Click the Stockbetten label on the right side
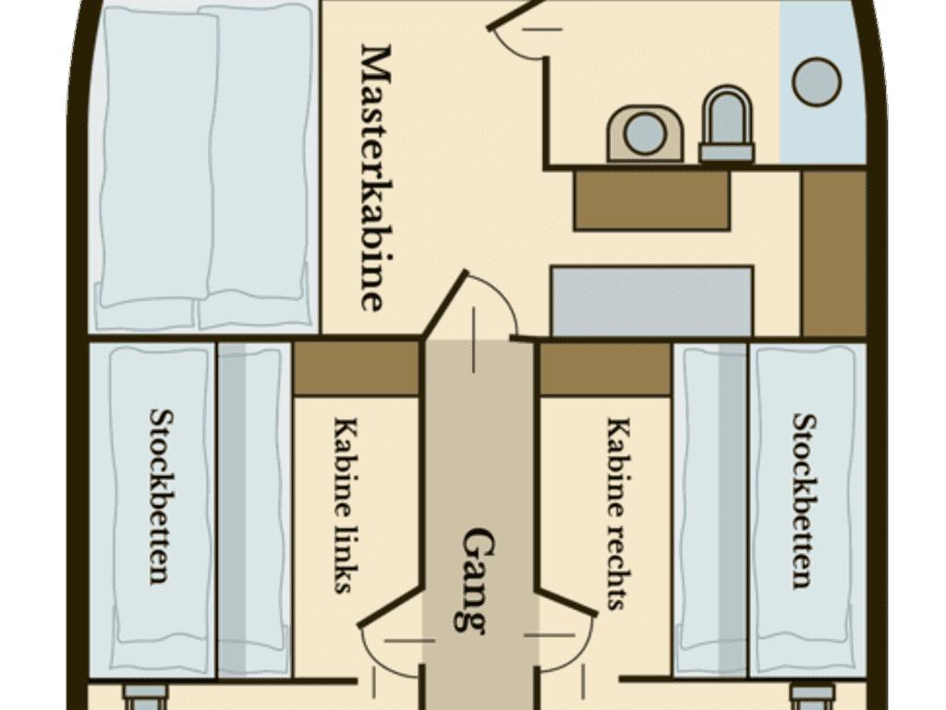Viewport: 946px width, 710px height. click(805, 500)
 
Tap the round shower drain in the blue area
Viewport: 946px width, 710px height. click(817, 82)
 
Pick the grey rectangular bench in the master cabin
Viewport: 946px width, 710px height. click(652, 300)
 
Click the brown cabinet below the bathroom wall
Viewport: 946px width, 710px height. click(651, 200)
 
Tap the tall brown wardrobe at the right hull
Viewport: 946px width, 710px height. click(834, 253)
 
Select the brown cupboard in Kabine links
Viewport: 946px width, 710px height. click(356, 369)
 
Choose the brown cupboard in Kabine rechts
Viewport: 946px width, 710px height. click(604, 369)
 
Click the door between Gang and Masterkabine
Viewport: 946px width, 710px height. click(446, 303)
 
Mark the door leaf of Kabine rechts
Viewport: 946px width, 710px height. click(566, 601)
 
